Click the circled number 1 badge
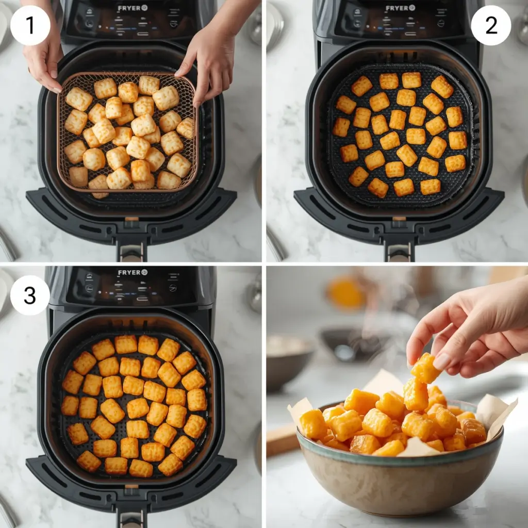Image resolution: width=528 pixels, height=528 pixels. [30, 25]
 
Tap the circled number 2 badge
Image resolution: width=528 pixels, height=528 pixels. [491, 25]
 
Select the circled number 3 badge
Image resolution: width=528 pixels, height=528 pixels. [30, 295]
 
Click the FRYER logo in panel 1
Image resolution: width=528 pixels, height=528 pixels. [133, 8]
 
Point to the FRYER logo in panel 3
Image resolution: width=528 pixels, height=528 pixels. [133, 272]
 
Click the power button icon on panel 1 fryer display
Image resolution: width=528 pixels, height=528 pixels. [88, 24]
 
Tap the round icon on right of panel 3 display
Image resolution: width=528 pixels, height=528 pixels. [173, 288]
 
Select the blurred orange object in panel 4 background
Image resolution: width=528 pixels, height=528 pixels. [345, 293]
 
